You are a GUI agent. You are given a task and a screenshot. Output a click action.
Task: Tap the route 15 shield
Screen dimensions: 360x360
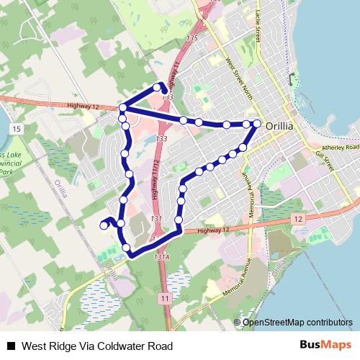(x=16, y=127)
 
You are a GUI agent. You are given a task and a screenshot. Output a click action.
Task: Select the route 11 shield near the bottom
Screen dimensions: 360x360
(x=166, y=297)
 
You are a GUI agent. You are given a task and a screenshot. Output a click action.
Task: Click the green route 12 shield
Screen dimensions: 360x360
(x=297, y=217)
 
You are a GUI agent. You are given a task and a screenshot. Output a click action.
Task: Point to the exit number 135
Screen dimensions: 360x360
(x=191, y=37)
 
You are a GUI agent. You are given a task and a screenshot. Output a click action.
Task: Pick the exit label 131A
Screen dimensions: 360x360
(x=161, y=256)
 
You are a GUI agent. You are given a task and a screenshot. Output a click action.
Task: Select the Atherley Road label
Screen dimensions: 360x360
(x=340, y=148)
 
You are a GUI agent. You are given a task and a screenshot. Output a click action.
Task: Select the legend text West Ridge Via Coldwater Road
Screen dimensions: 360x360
(x=98, y=346)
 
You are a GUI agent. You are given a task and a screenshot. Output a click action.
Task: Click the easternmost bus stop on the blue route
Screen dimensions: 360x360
(x=257, y=123)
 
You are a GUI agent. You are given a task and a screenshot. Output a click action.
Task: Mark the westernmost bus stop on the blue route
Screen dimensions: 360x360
(x=104, y=225)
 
